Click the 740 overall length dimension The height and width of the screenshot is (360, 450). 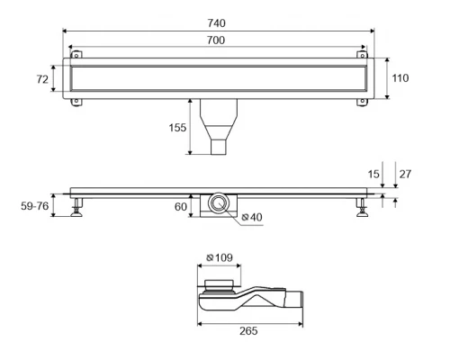point(217,23)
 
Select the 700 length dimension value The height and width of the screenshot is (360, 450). point(216,40)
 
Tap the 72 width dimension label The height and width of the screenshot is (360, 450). point(42,79)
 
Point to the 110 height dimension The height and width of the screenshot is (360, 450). point(400,78)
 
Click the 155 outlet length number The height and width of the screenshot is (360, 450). point(177,128)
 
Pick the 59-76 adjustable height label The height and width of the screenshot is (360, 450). point(35,206)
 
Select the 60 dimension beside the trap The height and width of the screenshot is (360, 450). point(181,206)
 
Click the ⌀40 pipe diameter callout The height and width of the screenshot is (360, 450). point(252,217)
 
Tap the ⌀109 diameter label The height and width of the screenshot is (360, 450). point(220,257)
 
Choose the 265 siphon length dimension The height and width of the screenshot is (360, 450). point(248,331)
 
